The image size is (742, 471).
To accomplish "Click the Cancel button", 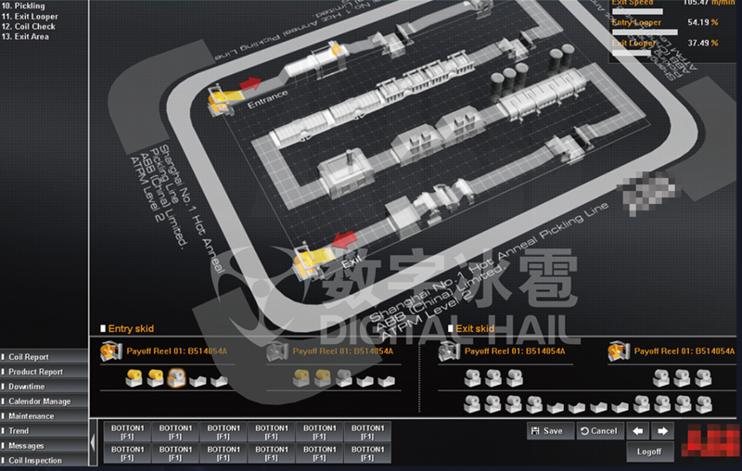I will [598, 431].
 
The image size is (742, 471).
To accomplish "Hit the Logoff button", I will [649, 452].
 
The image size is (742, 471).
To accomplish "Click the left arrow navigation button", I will [638, 431].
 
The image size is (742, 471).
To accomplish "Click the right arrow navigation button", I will [661, 431].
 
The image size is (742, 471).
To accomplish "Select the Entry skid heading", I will [131, 329].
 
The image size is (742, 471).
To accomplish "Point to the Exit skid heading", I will [475, 329].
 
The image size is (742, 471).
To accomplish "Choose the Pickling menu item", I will [29, 6].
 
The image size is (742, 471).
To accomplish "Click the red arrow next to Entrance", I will [249, 83].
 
